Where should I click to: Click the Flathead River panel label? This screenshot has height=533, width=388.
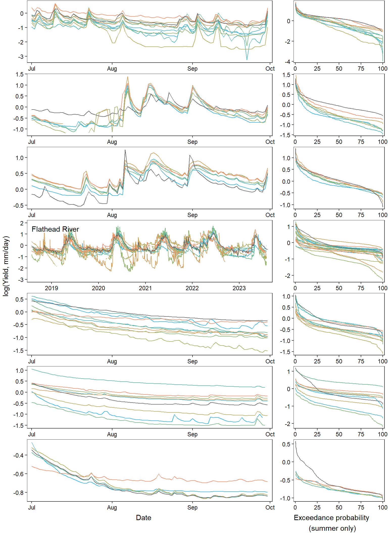click(x=55, y=229)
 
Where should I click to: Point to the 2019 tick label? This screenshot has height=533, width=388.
click(x=51, y=288)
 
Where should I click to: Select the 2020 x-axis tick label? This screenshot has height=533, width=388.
click(x=98, y=288)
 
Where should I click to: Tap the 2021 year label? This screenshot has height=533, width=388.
click(x=145, y=288)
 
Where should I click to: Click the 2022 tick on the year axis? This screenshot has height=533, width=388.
click(x=192, y=288)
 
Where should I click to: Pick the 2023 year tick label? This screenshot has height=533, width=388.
click(x=239, y=288)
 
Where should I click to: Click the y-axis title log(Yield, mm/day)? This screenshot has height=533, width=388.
click(x=6, y=266)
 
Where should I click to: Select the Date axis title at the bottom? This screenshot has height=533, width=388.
click(x=143, y=518)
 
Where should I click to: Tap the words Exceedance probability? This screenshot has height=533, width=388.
click(x=331, y=518)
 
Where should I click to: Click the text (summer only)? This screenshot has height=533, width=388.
click(x=332, y=528)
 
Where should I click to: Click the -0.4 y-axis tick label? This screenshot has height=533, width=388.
click(x=18, y=456)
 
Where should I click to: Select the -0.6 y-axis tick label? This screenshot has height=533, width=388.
click(x=18, y=474)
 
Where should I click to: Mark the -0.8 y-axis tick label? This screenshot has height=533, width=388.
click(x=18, y=493)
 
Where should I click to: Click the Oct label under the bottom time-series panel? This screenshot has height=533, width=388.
click(x=270, y=508)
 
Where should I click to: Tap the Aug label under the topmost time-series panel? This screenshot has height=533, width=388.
click(x=112, y=69)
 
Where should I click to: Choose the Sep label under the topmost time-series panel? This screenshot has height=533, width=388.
click(x=192, y=69)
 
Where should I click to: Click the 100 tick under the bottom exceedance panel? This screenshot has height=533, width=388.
click(x=382, y=508)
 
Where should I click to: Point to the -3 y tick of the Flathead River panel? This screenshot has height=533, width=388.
click(x=21, y=280)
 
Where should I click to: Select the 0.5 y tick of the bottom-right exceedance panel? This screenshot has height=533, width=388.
click(x=286, y=444)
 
